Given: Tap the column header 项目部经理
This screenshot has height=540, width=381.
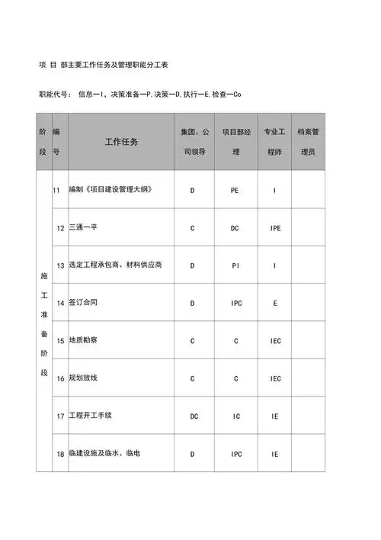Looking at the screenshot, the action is pos(236,142).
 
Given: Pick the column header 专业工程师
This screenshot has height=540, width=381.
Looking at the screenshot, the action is pos(274,142).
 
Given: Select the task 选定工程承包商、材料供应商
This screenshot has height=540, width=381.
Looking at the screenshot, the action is pos(115,265).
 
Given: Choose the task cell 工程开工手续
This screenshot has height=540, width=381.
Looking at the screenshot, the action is pos(88,416).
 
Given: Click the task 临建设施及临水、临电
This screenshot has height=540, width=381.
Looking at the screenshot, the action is pos(104,453).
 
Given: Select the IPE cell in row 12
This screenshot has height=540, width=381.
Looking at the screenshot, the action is pos(274,227).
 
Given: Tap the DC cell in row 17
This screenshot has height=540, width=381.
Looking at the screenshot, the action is pos(194,416).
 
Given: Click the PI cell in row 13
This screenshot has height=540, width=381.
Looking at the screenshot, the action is pos(235,265).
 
